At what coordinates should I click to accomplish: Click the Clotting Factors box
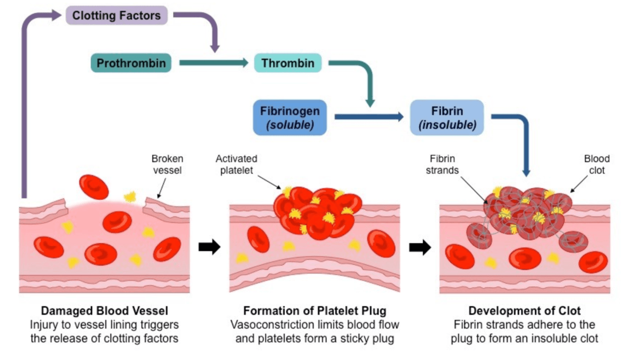coord(116,15)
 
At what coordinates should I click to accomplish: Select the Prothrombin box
coord(131,63)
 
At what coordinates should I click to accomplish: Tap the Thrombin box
coord(288,63)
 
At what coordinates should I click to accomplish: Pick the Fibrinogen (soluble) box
coord(289,117)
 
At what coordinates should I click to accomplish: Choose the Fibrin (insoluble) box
coord(447,117)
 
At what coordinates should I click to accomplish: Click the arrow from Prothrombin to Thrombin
coord(214,63)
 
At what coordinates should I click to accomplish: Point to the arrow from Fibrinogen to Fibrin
coord(369,117)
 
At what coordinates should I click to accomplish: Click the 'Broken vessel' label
coord(167,165)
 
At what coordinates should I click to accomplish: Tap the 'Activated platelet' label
coord(236,165)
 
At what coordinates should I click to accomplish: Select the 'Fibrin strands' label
coord(442,165)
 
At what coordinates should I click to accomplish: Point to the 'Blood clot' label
coord(597,165)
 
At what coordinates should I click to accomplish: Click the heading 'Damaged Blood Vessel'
coord(105,311)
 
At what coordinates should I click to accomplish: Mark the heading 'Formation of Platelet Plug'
coord(315,311)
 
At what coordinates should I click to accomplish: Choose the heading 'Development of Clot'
coord(524,311)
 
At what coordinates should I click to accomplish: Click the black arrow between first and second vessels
coord(209,247)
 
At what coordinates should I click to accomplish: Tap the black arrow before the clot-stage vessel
coord(420,247)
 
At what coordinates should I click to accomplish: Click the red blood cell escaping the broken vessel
coord(94,187)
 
